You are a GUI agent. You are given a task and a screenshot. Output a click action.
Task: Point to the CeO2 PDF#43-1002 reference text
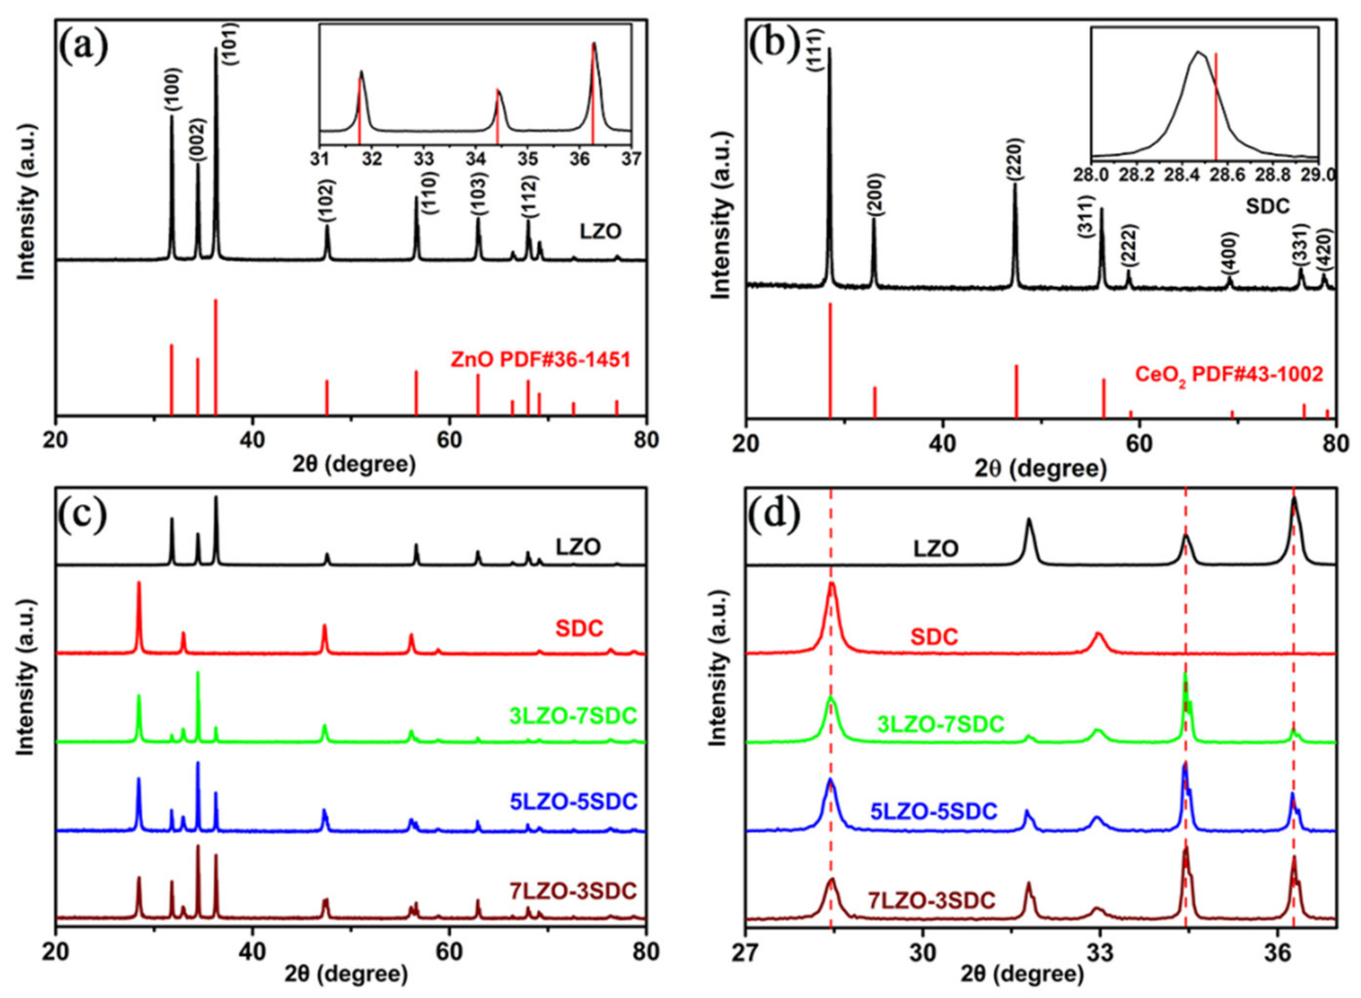pyautogui.click(x=1229, y=375)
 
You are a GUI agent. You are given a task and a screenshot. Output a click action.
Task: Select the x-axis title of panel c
pyautogui.click(x=351, y=975)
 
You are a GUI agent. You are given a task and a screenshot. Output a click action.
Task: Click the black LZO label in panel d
pyautogui.click(x=936, y=548)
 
